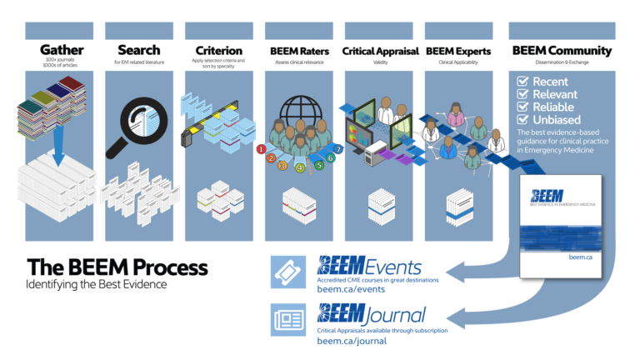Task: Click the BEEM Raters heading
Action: pyautogui.click(x=297, y=51)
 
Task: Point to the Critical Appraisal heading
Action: pyautogui.click(x=380, y=51)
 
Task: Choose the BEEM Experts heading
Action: pyautogui.click(x=458, y=51)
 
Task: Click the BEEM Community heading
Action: pyautogui.click(x=562, y=51)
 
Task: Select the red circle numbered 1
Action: pyautogui.click(x=261, y=149)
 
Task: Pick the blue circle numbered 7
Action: pyautogui.click(x=337, y=149)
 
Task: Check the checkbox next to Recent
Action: pyautogui.click(x=522, y=82)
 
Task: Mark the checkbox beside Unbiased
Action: pyautogui.click(x=522, y=119)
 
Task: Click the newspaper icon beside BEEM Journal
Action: pyautogui.click(x=287, y=319)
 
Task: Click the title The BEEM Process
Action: pyautogui.click(x=117, y=267)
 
